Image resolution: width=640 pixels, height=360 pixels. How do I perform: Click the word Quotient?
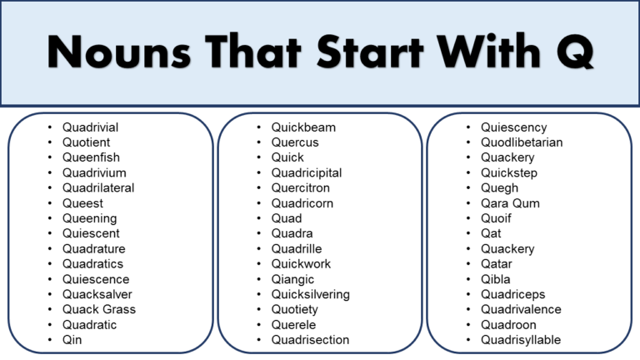coord(86,142)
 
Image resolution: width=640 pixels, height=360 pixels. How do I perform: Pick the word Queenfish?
coord(91,157)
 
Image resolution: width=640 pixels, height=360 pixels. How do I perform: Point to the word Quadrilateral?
coord(98,188)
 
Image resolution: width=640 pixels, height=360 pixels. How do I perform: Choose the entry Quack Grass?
coord(99,309)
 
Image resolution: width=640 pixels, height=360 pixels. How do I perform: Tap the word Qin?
coord(72,340)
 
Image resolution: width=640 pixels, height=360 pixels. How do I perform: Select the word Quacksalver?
coord(97,294)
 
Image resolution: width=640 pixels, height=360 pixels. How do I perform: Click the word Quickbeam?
coord(303,127)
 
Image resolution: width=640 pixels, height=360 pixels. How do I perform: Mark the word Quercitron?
coord(301,188)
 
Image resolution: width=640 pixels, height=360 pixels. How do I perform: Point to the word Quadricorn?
coord(302,203)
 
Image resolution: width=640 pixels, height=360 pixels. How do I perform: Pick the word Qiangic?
coord(293,279)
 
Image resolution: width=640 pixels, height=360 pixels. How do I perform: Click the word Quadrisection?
coord(310,340)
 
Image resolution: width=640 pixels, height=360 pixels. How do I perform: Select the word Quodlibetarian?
coord(522,142)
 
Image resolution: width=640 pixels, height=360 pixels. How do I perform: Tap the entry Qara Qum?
coord(510,203)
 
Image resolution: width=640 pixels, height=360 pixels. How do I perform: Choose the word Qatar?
coord(497,264)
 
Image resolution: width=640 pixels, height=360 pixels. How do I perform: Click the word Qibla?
coord(496,279)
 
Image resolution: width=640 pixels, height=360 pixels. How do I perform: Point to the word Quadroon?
coord(508,325)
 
